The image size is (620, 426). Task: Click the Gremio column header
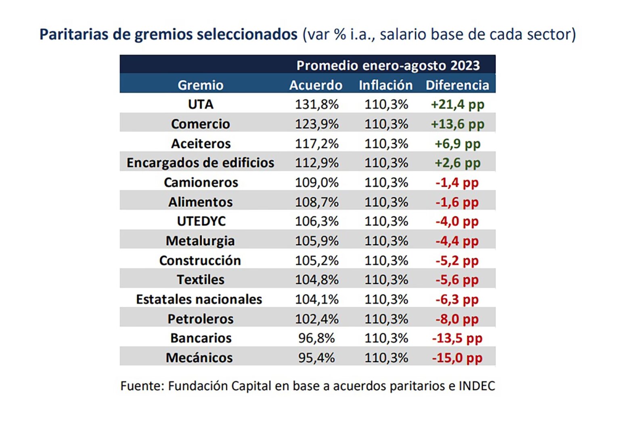point(200,85)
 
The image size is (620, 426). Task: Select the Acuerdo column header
point(316,85)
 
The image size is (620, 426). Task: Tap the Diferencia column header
point(457,85)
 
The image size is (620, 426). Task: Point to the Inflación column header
point(386,85)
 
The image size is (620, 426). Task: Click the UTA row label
point(201,104)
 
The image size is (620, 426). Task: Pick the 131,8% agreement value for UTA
point(316,104)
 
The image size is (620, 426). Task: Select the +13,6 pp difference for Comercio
point(457,124)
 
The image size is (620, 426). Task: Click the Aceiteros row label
point(201,144)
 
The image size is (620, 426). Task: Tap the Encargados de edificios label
point(200,163)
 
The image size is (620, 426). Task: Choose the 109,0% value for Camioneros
point(316,183)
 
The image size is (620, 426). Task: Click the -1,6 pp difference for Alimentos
point(457,202)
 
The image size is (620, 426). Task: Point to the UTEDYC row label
point(201,221)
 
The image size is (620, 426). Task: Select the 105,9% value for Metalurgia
point(316,241)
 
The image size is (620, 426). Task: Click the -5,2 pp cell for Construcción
point(457,261)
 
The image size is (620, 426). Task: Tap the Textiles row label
point(201,279)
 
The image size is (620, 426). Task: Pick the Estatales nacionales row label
point(199,299)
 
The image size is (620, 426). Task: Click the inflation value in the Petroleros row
point(386,319)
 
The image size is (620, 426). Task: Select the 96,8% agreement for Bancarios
point(316,338)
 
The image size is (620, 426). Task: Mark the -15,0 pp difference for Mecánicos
point(457,358)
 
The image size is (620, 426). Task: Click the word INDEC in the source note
point(477,386)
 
